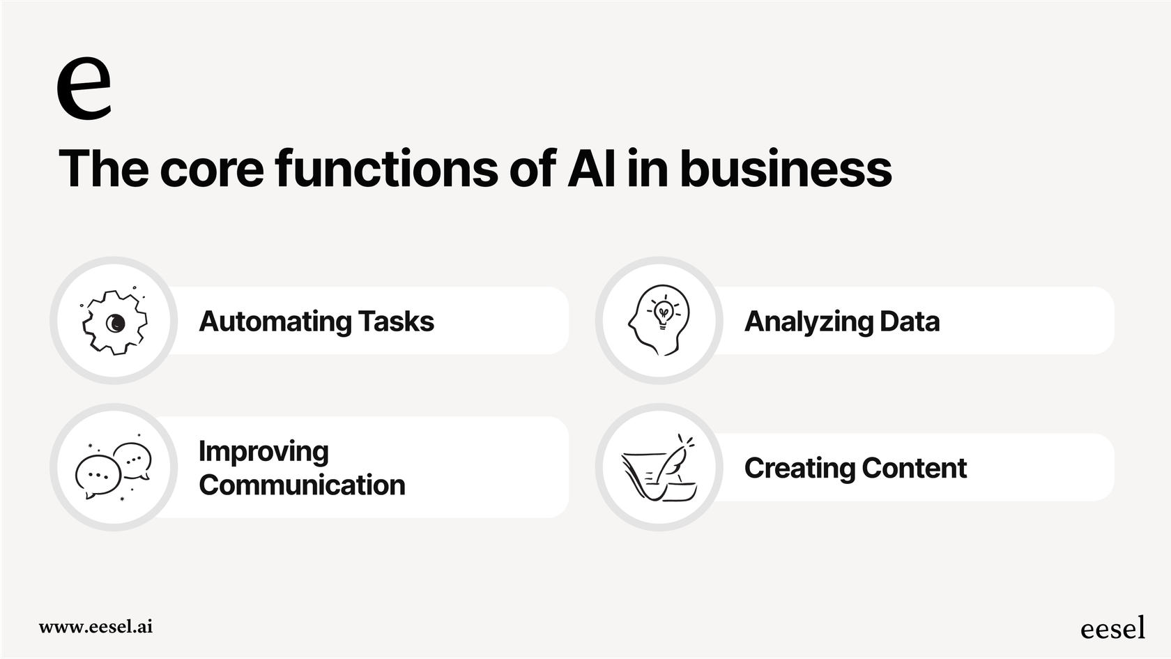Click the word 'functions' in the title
click(x=387, y=169)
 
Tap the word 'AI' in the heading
click(x=591, y=169)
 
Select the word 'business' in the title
click(x=786, y=169)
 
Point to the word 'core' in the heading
click(x=212, y=169)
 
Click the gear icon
click(x=114, y=322)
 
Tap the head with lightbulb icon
click(x=659, y=320)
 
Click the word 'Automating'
click(x=275, y=322)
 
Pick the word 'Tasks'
click(x=396, y=322)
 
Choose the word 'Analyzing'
click(x=808, y=322)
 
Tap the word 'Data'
click(x=910, y=322)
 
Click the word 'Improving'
click(x=263, y=452)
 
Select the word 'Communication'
click(x=302, y=485)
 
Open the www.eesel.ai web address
click(x=95, y=626)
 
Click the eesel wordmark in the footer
click(x=1112, y=628)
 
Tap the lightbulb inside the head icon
click(x=664, y=312)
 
